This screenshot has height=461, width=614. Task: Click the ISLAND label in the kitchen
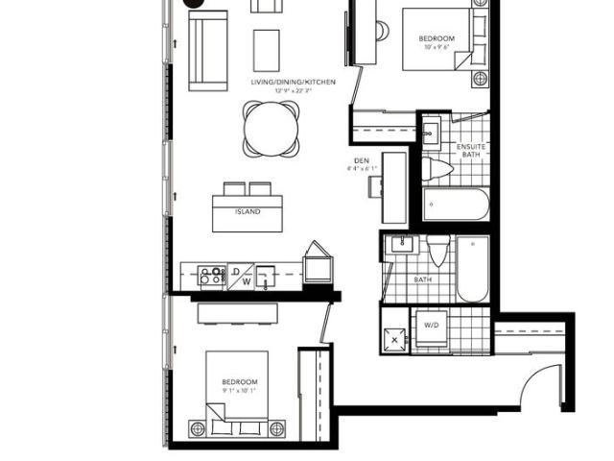248,211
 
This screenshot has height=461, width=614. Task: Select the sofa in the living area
208,51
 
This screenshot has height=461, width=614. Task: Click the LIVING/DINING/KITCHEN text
293,83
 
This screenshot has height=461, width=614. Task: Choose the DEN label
362,160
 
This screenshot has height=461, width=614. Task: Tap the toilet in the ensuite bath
438,170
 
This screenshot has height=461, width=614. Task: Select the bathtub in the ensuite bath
456,205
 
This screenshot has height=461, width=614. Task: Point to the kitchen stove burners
211,276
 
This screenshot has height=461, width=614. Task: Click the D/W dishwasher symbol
241,277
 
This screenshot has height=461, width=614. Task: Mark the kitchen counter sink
268,276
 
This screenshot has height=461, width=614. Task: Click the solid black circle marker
196,4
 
